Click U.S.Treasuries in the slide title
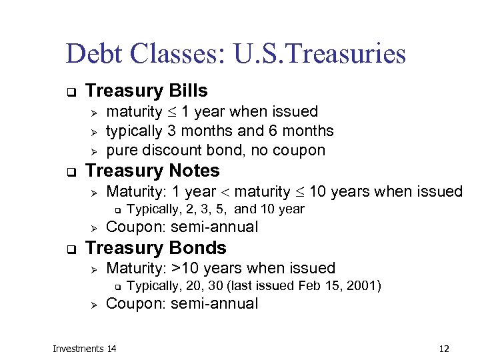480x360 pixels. pos(320,54)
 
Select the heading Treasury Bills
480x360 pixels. pos(147,91)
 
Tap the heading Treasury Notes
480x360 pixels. pos(153,171)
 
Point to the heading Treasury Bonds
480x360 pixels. pos(156,248)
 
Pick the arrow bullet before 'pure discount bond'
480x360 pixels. pos(94,151)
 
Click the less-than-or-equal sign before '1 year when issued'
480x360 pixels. pos(171,112)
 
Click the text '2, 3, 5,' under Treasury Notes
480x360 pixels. pos(202,209)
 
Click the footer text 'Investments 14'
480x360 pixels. pos(85,348)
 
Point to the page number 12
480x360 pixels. pos(445,348)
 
